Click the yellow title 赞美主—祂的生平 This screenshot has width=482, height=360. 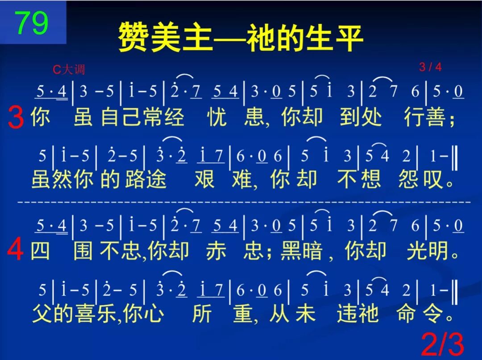(x=241, y=38)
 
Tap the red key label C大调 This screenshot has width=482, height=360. (x=68, y=70)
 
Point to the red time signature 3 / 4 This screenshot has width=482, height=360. (x=430, y=67)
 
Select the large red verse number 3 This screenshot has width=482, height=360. (x=16, y=119)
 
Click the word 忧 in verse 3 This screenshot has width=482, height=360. (x=217, y=118)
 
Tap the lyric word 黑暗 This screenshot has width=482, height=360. (x=301, y=251)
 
